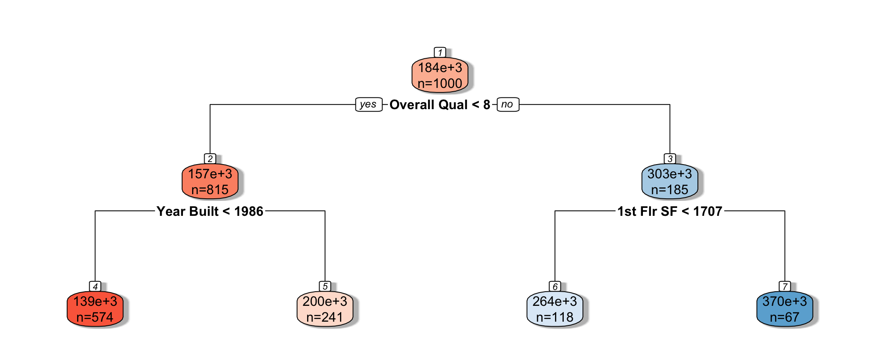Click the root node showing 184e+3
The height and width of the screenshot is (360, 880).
coord(440,75)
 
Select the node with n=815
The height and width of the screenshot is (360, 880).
coord(210,182)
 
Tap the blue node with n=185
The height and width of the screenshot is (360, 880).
coord(670,182)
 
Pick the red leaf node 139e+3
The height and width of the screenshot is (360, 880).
coord(95,309)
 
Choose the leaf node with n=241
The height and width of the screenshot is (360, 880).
coord(325,309)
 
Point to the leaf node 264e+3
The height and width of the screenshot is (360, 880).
coord(555,309)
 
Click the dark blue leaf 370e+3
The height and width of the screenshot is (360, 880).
coord(785,309)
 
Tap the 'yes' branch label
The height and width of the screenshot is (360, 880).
coord(368,105)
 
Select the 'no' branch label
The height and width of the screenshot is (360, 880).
coord(507,105)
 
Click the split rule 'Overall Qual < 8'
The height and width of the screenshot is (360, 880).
coord(440,105)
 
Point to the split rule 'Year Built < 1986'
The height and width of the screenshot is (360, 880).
coord(210,211)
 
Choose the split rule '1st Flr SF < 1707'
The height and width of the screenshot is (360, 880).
coord(670,211)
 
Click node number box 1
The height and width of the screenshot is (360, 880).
coord(440,52)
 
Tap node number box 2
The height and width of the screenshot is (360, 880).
coord(210,159)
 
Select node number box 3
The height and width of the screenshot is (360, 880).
coord(670,159)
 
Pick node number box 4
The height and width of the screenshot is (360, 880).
coord(95,286)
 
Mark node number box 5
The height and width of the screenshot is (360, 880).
coord(325,286)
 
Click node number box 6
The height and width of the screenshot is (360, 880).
coord(555,286)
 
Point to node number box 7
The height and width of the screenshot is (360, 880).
coord(785,286)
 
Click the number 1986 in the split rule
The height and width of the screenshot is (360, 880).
coord(249,211)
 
